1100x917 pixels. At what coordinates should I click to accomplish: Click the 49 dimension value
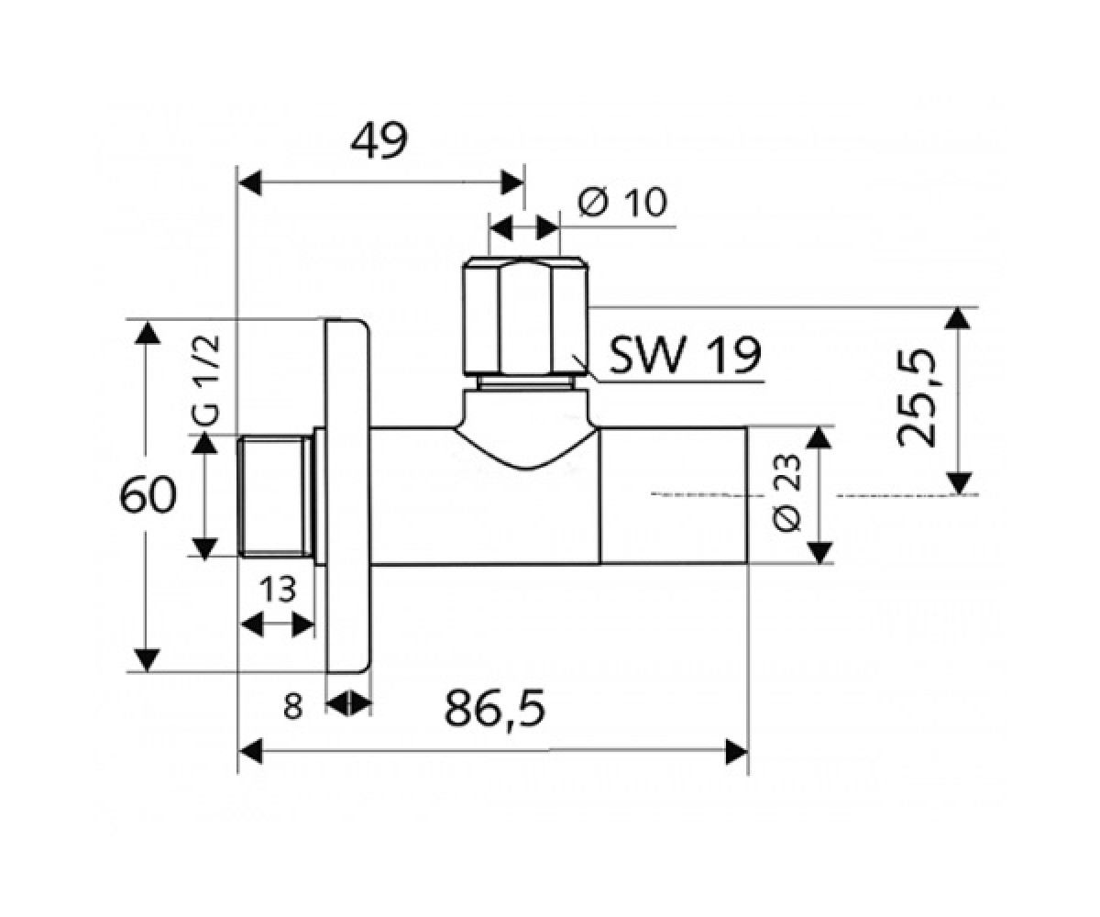click(x=379, y=141)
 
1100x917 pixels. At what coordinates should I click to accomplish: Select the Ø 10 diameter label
click(x=622, y=203)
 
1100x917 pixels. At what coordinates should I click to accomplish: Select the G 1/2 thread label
click(x=205, y=381)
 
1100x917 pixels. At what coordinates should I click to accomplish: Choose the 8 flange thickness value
click(x=293, y=706)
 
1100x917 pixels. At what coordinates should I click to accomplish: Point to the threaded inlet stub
click(x=275, y=496)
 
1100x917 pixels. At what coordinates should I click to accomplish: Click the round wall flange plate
click(x=347, y=496)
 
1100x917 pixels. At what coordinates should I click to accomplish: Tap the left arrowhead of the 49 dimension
click(x=249, y=182)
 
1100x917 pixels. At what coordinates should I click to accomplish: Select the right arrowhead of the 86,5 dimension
click(x=736, y=752)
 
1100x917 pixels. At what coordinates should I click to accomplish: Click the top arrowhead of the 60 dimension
click(x=148, y=332)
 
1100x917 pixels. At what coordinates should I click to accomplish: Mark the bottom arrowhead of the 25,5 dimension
click(x=958, y=483)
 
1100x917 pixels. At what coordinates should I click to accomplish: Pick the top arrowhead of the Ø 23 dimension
click(x=819, y=437)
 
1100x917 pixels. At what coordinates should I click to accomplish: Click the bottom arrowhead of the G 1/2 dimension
click(x=205, y=548)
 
